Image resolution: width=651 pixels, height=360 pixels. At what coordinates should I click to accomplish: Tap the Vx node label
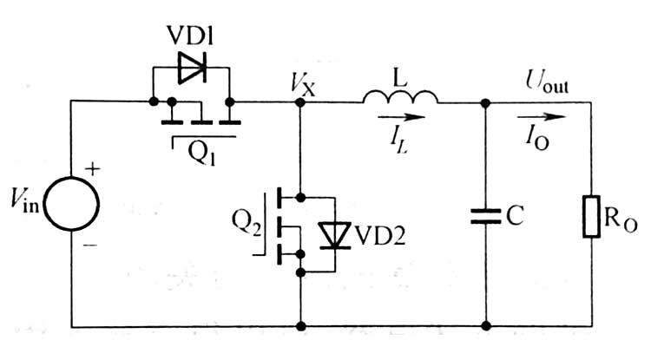(x=303, y=82)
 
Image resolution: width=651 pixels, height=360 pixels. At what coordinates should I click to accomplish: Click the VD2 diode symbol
(x=334, y=233)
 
